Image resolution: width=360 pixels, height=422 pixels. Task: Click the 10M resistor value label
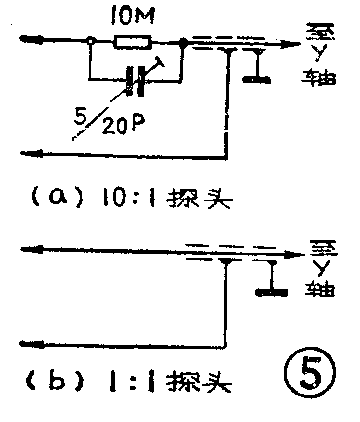coord(130,15)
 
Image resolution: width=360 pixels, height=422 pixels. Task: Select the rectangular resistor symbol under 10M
coord(132,42)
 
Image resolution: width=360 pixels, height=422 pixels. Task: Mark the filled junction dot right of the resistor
coord(184,42)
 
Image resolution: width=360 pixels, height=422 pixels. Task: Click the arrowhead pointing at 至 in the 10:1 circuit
coord(297,42)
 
